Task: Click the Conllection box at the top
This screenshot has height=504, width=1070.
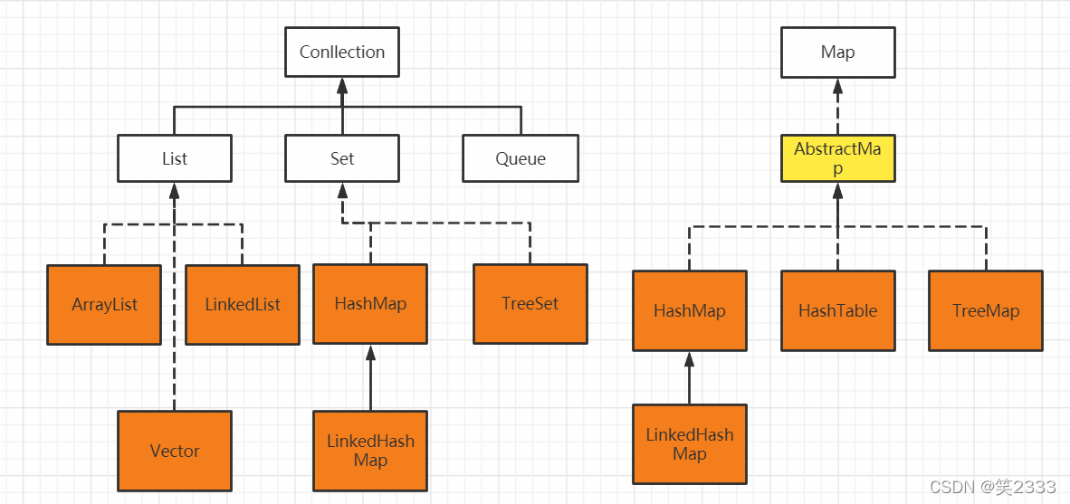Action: pyautogui.click(x=342, y=52)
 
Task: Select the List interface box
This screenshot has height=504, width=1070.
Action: pyautogui.click(x=174, y=158)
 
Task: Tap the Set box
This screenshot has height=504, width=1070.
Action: pyautogui.click(x=342, y=158)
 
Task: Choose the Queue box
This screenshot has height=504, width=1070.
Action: pyautogui.click(x=520, y=158)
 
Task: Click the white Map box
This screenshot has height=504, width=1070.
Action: pyautogui.click(x=837, y=52)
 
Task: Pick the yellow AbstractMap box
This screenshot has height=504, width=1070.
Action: pyautogui.click(x=837, y=158)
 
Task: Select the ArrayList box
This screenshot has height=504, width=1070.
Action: pyautogui.click(x=104, y=305)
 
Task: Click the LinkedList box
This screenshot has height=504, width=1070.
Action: pyautogui.click(x=243, y=305)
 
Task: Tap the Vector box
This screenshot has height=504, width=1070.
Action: pyautogui.click(x=174, y=451)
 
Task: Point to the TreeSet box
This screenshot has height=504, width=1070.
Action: pyautogui.click(x=530, y=304)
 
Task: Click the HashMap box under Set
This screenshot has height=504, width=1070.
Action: pyautogui.click(x=369, y=304)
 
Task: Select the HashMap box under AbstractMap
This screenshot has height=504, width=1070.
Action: pyautogui.click(x=689, y=310)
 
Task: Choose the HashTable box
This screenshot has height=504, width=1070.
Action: pyautogui.click(x=837, y=310)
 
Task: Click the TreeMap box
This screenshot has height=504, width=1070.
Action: pyautogui.click(x=985, y=310)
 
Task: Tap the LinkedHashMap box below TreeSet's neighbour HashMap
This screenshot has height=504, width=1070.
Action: pyautogui.click(x=369, y=451)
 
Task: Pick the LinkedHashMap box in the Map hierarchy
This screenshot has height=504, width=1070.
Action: pyautogui.click(x=689, y=443)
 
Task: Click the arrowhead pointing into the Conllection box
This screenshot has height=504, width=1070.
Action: pyautogui.click(x=342, y=86)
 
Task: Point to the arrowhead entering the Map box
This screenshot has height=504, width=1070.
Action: pyautogui.click(x=837, y=86)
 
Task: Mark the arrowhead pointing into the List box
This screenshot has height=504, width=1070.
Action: pyautogui.click(x=174, y=191)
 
